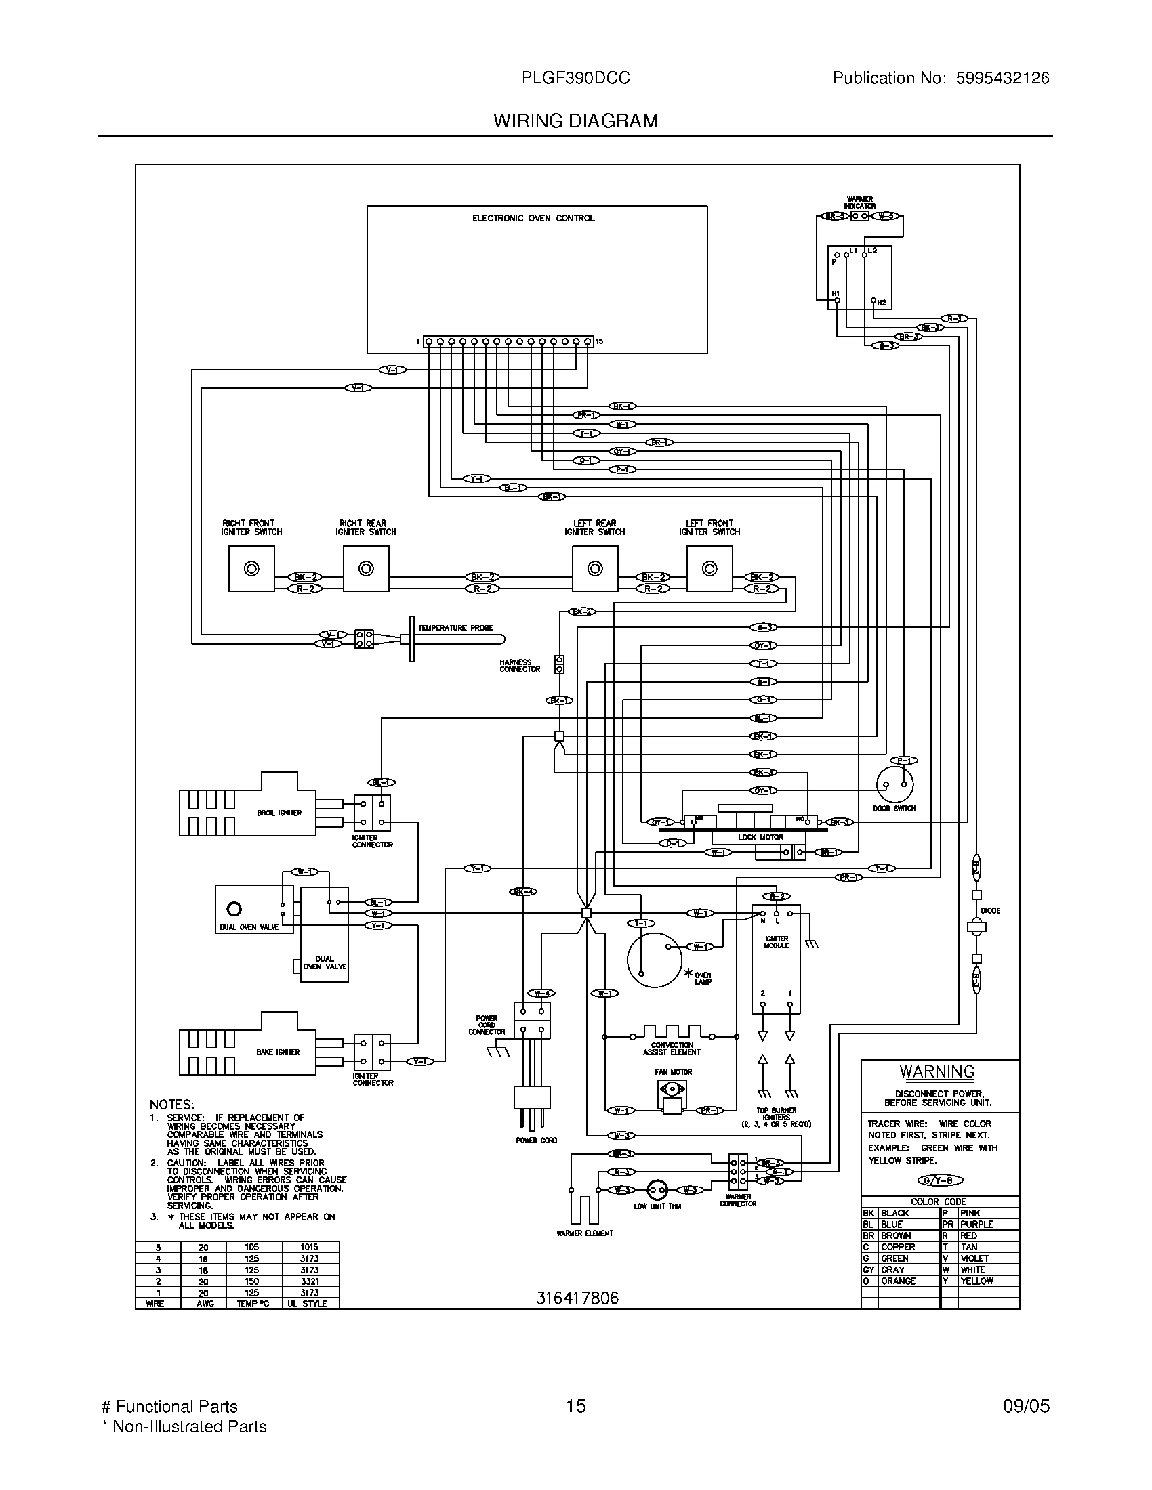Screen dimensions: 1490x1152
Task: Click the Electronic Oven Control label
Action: [533, 218]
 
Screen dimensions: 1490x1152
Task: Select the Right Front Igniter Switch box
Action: [251, 568]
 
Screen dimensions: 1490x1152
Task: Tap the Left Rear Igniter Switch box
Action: [595, 568]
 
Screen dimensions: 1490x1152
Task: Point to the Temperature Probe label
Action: [455, 628]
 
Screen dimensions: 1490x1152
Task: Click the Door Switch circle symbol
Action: [894, 785]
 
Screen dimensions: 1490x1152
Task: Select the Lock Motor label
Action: [760, 837]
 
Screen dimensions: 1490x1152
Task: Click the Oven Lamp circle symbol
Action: [654, 959]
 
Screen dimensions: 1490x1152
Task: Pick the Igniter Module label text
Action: [777, 942]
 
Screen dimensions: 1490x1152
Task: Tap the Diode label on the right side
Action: [990, 910]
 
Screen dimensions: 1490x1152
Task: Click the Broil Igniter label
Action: [279, 813]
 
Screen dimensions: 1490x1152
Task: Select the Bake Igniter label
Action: [278, 1051]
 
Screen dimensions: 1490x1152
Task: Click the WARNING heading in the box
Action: [937, 1072]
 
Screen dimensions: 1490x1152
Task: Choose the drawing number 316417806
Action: [577, 1298]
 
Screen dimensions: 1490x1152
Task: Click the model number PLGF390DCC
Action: [575, 78]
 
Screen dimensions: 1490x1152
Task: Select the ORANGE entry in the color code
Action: [898, 1281]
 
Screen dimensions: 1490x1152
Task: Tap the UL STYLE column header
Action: [308, 1304]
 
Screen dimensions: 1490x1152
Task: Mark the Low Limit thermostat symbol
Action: [657, 1190]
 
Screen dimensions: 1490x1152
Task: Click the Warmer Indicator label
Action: [860, 203]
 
